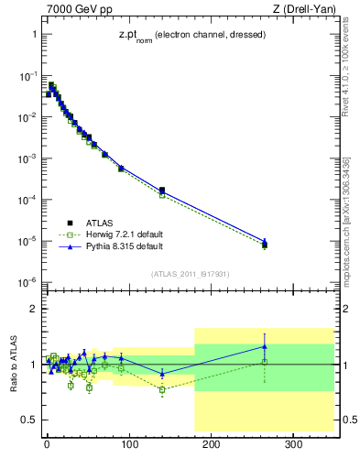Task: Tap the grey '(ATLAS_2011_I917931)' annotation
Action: pyautogui.click(x=191, y=272)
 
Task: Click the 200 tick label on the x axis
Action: pyautogui.click(x=211, y=445)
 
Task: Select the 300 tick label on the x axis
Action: pyautogui.click(x=293, y=445)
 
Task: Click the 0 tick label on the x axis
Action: pyautogui.click(x=47, y=445)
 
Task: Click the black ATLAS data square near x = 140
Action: pyautogui.click(x=162, y=190)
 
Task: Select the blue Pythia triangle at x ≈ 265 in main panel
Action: pyautogui.click(x=265, y=241)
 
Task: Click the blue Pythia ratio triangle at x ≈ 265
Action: pyautogui.click(x=265, y=346)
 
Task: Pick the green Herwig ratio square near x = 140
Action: pyautogui.click(x=162, y=389)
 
